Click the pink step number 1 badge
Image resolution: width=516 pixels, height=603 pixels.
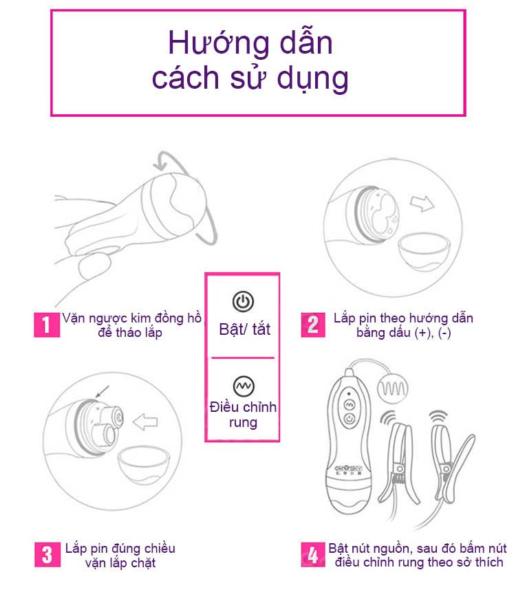(x=46, y=325)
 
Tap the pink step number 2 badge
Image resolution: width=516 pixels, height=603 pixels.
(x=313, y=325)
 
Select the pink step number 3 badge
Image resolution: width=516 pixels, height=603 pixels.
(x=46, y=554)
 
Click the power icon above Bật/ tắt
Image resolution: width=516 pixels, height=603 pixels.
(x=244, y=301)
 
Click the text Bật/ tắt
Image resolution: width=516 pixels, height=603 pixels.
(x=245, y=329)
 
